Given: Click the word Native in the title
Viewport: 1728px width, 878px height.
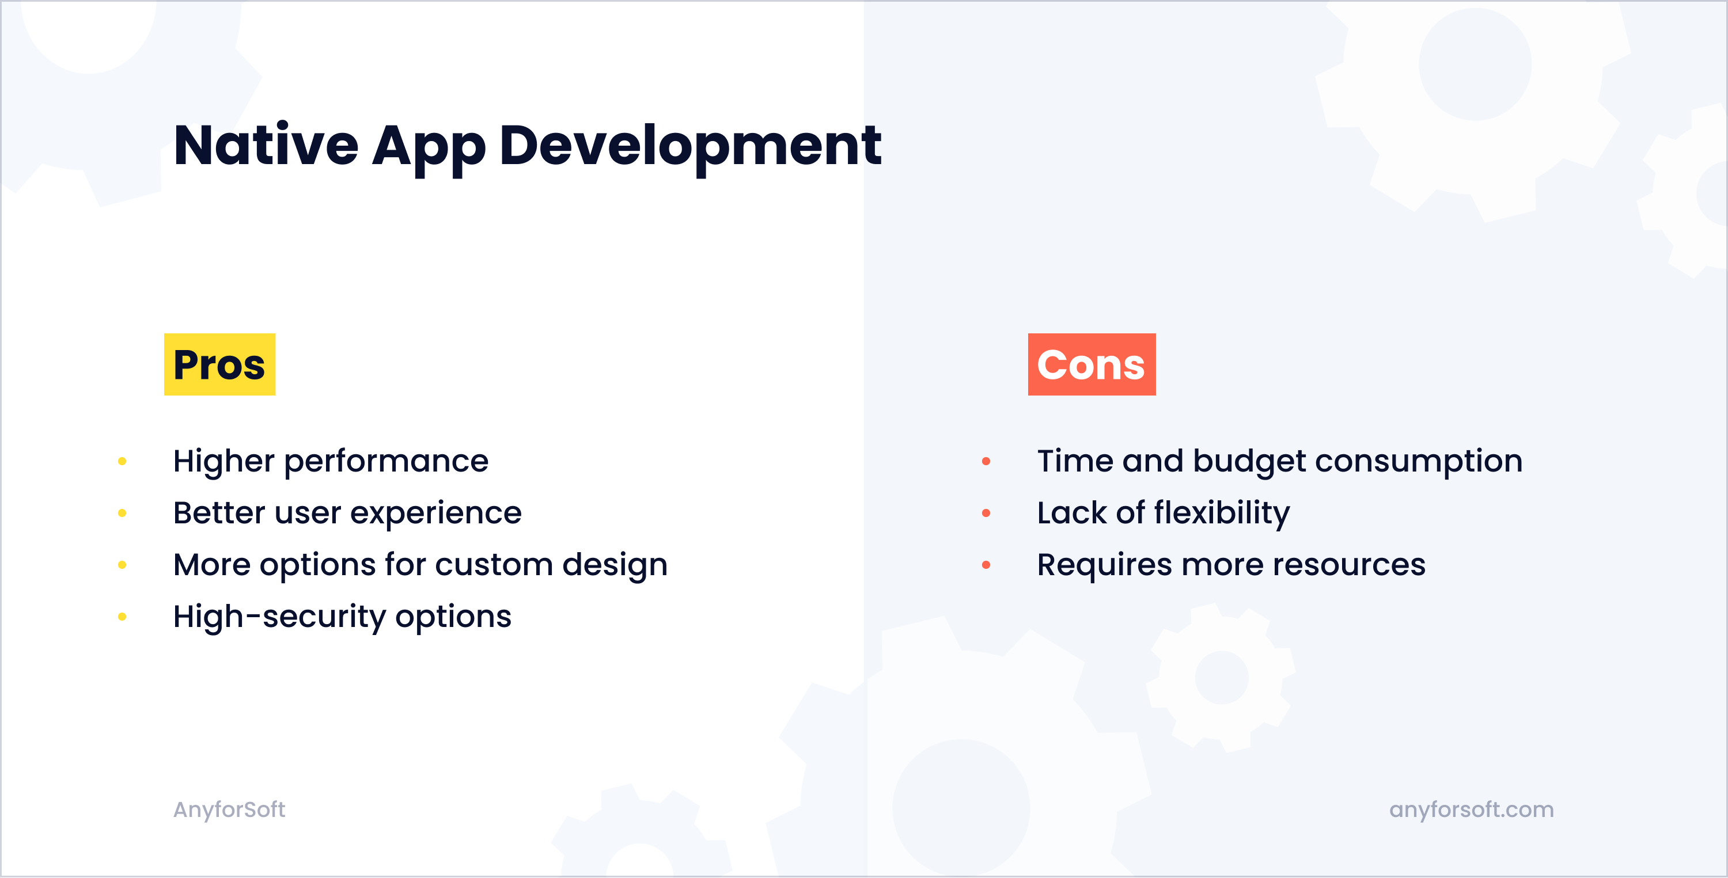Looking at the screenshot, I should tap(266, 146).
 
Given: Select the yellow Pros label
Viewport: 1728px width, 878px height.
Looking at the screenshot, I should tap(219, 364).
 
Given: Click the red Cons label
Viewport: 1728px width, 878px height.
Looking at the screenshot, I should tap(1092, 364).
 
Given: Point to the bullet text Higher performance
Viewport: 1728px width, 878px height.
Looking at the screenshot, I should tap(331, 462).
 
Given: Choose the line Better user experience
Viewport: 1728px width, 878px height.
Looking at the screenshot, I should tap(347, 513).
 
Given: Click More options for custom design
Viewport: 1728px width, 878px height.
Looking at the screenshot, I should tap(420, 565).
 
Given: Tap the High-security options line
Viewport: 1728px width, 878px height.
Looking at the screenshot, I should tap(342, 617).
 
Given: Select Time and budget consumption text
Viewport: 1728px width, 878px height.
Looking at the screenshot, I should tap(1279, 462).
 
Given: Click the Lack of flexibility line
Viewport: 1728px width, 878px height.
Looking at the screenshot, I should tap(1163, 513).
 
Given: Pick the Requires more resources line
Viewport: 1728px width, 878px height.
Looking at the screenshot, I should tap(1231, 565).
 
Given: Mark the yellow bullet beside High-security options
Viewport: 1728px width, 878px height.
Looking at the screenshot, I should tap(122, 617).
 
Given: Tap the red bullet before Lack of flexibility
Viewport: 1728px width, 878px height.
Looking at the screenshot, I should tap(986, 513).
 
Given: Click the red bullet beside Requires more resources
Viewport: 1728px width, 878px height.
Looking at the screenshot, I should tap(986, 565).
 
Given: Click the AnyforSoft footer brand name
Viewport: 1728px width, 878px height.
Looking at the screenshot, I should tap(229, 809).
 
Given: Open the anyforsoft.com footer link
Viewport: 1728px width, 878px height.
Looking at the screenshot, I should tap(1471, 809).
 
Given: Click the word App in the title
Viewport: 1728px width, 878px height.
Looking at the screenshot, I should tap(429, 146).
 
